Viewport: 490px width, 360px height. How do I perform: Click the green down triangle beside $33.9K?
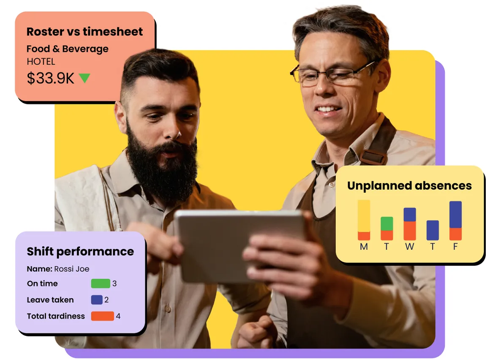[84, 77]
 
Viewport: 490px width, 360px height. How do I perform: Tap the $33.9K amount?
[51, 78]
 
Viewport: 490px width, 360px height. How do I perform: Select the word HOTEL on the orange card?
[41, 62]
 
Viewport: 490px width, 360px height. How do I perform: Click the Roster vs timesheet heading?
[84, 32]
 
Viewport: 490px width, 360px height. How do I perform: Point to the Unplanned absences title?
[409, 185]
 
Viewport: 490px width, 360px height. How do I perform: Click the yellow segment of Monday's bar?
[364, 216]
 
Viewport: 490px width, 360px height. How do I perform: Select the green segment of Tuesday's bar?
[387, 224]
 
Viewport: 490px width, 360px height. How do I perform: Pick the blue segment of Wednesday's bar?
[410, 215]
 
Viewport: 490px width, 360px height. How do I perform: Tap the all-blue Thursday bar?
[433, 230]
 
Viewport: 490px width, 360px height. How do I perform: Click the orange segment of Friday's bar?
[455, 234]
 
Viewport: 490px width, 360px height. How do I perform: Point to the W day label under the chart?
[410, 247]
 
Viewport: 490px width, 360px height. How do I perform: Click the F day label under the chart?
[455, 247]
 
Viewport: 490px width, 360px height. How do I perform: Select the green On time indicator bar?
[101, 284]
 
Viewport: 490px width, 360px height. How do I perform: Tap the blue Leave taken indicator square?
[97, 300]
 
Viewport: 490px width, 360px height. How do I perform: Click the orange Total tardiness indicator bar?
[103, 316]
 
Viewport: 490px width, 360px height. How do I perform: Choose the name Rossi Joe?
[71, 269]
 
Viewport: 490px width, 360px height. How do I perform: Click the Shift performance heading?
[80, 251]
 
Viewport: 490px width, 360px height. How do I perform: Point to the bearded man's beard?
[163, 169]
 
